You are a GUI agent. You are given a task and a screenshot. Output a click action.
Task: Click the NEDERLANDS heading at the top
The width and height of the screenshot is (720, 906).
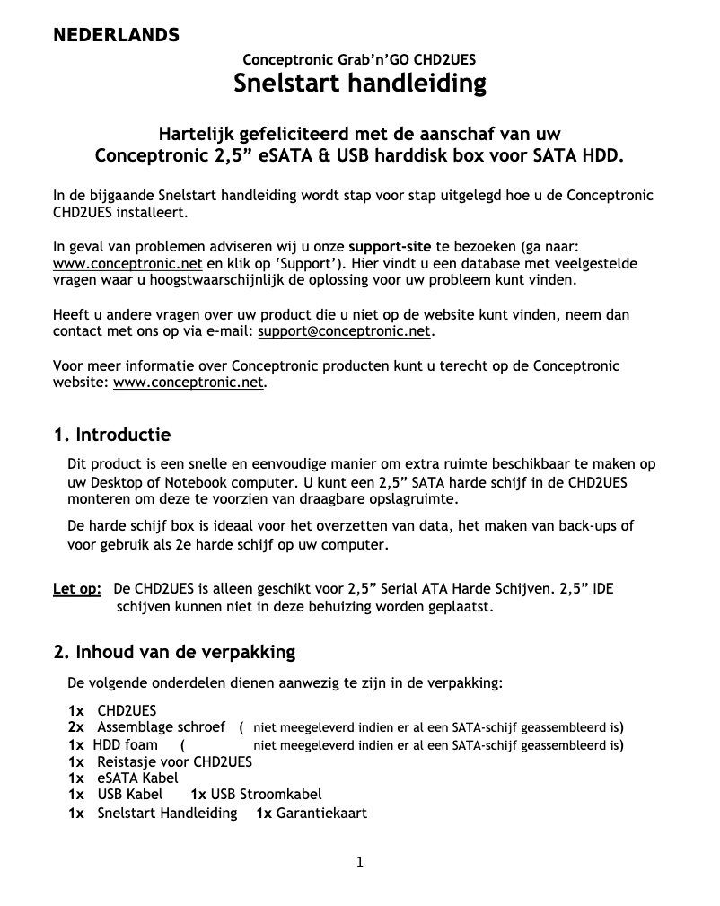116,36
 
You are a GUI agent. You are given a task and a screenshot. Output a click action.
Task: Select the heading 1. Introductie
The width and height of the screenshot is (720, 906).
112,435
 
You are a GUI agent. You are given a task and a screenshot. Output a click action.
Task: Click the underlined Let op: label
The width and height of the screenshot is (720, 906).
77,589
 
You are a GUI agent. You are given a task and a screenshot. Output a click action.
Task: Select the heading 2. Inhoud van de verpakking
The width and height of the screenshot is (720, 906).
174,651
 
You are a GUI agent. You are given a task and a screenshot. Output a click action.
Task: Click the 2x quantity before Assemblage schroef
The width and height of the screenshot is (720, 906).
76,726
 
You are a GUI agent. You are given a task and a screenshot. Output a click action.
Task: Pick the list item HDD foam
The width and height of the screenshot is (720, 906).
125,744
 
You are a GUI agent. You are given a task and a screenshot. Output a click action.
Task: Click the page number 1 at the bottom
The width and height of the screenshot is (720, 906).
360,863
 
